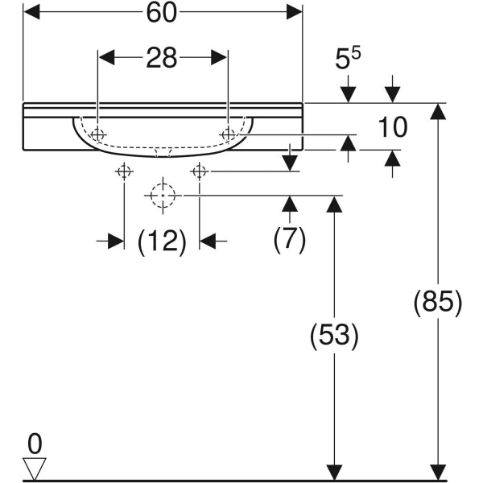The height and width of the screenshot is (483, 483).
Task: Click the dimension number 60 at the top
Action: pyautogui.click(x=162, y=12)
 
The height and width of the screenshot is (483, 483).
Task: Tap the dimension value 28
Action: pyautogui.click(x=162, y=59)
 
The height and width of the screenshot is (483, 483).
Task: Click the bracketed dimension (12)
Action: pyautogui.click(x=162, y=241)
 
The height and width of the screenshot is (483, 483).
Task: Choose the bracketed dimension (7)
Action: pyautogui.click(x=290, y=241)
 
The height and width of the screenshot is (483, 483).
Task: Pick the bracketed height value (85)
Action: pyautogui.click(x=437, y=303)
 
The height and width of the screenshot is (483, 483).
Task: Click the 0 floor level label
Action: pyautogui.click(x=34, y=442)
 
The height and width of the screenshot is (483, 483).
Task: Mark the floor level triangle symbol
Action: pyautogui.click(x=35, y=468)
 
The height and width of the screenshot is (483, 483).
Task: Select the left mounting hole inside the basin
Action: pyautogui.click(x=97, y=134)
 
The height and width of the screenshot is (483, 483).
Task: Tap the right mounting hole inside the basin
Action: pyautogui.click(x=228, y=134)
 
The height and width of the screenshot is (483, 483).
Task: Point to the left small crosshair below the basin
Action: pyautogui.click(x=124, y=171)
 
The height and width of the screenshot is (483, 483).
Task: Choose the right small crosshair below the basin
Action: pyautogui.click(x=200, y=171)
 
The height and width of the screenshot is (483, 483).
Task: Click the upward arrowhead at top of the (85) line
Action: pyautogui.click(x=438, y=113)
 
